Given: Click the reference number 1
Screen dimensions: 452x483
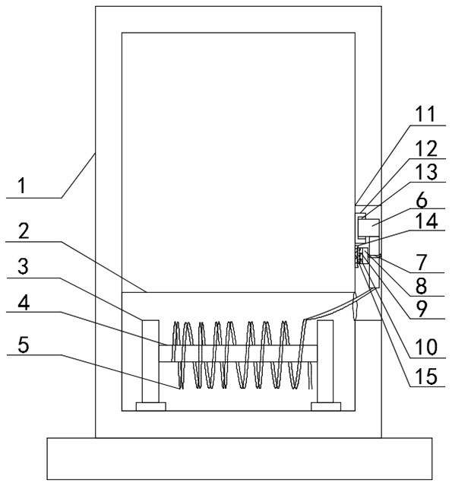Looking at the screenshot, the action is (x=21, y=186).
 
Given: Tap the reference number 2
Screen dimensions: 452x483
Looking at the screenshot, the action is (x=24, y=231).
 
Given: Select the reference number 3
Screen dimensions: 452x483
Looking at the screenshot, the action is (x=23, y=266).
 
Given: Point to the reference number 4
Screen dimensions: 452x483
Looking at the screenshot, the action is (x=24, y=303).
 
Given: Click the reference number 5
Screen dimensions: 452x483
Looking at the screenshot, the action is (x=24, y=345).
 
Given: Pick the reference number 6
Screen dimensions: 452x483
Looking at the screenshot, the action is (x=422, y=200).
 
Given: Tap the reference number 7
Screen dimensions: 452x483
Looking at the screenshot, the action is (x=422, y=262).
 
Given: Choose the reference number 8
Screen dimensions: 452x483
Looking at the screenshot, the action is (x=421, y=286).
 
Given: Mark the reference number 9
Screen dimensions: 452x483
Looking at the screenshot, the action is (x=422, y=309).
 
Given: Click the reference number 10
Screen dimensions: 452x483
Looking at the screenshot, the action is (x=426, y=347).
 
